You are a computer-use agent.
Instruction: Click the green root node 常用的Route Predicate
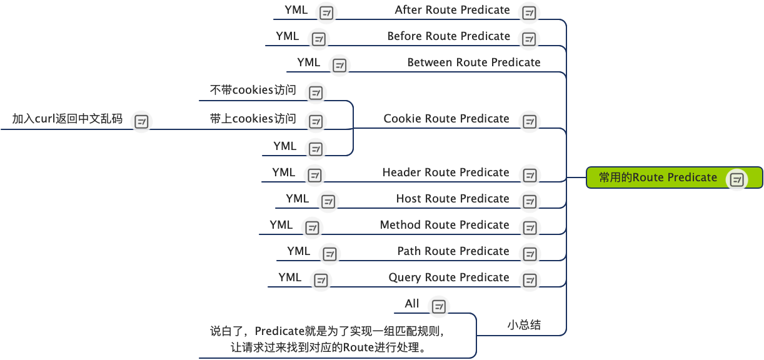(x=658, y=177)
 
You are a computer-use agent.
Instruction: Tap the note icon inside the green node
(x=737, y=180)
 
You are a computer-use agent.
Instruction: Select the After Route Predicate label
(x=452, y=10)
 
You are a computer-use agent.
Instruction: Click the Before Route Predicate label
(x=448, y=36)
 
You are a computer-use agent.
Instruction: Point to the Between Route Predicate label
(x=473, y=62)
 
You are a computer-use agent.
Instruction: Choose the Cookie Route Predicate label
(x=446, y=119)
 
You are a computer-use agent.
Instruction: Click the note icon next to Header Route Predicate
(x=530, y=176)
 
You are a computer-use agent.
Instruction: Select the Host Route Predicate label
(x=452, y=199)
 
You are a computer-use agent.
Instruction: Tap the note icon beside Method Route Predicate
(x=530, y=228)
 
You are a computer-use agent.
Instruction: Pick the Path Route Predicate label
(x=453, y=251)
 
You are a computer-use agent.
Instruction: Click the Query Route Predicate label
(x=448, y=277)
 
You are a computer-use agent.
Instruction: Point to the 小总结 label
(x=524, y=324)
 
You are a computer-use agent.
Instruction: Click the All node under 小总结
(x=412, y=304)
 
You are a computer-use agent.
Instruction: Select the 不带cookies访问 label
(x=253, y=90)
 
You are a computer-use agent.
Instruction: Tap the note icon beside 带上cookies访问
(x=316, y=122)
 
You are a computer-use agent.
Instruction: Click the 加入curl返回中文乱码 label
(x=67, y=119)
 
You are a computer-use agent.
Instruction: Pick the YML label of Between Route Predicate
(x=308, y=62)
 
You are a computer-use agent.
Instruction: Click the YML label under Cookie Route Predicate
(x=284, y=146)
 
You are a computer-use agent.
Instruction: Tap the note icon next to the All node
(x=439, y=307)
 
